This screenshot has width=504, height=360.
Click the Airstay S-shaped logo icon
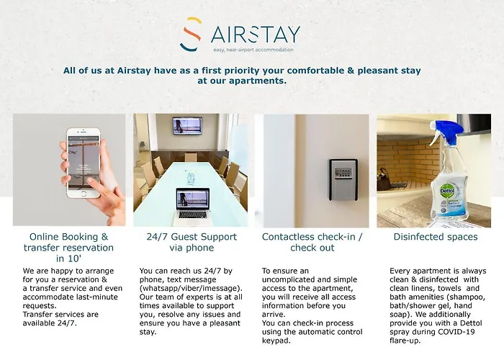[192, 35]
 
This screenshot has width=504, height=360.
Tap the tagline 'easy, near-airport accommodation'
[253, 50]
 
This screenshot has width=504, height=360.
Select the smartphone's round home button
[84, 194]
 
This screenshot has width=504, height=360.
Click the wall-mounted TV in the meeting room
[187, 126]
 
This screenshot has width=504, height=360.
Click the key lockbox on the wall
[343, 179]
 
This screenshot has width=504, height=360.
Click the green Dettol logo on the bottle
[447, 190]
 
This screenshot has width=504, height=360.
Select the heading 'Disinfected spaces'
[436, 237]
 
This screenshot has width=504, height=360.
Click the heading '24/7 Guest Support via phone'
[192, 242]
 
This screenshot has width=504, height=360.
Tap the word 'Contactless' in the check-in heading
[283, 237]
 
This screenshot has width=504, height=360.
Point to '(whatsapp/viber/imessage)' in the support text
[191, 288]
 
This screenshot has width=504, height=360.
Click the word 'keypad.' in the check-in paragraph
[276, 341]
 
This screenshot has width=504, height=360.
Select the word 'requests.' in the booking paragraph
[40, 306]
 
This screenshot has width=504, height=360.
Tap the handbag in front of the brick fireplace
[384, 181]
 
